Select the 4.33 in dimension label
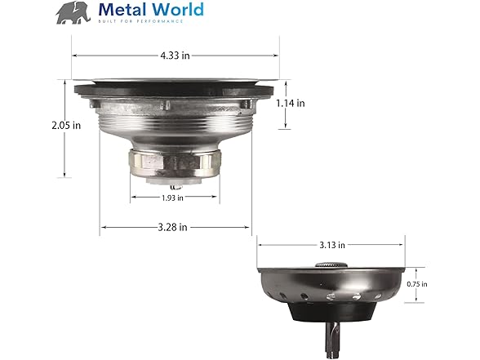176,56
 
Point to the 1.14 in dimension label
291,104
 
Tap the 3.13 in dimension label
331,245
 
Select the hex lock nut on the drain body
176,163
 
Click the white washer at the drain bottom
176,180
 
